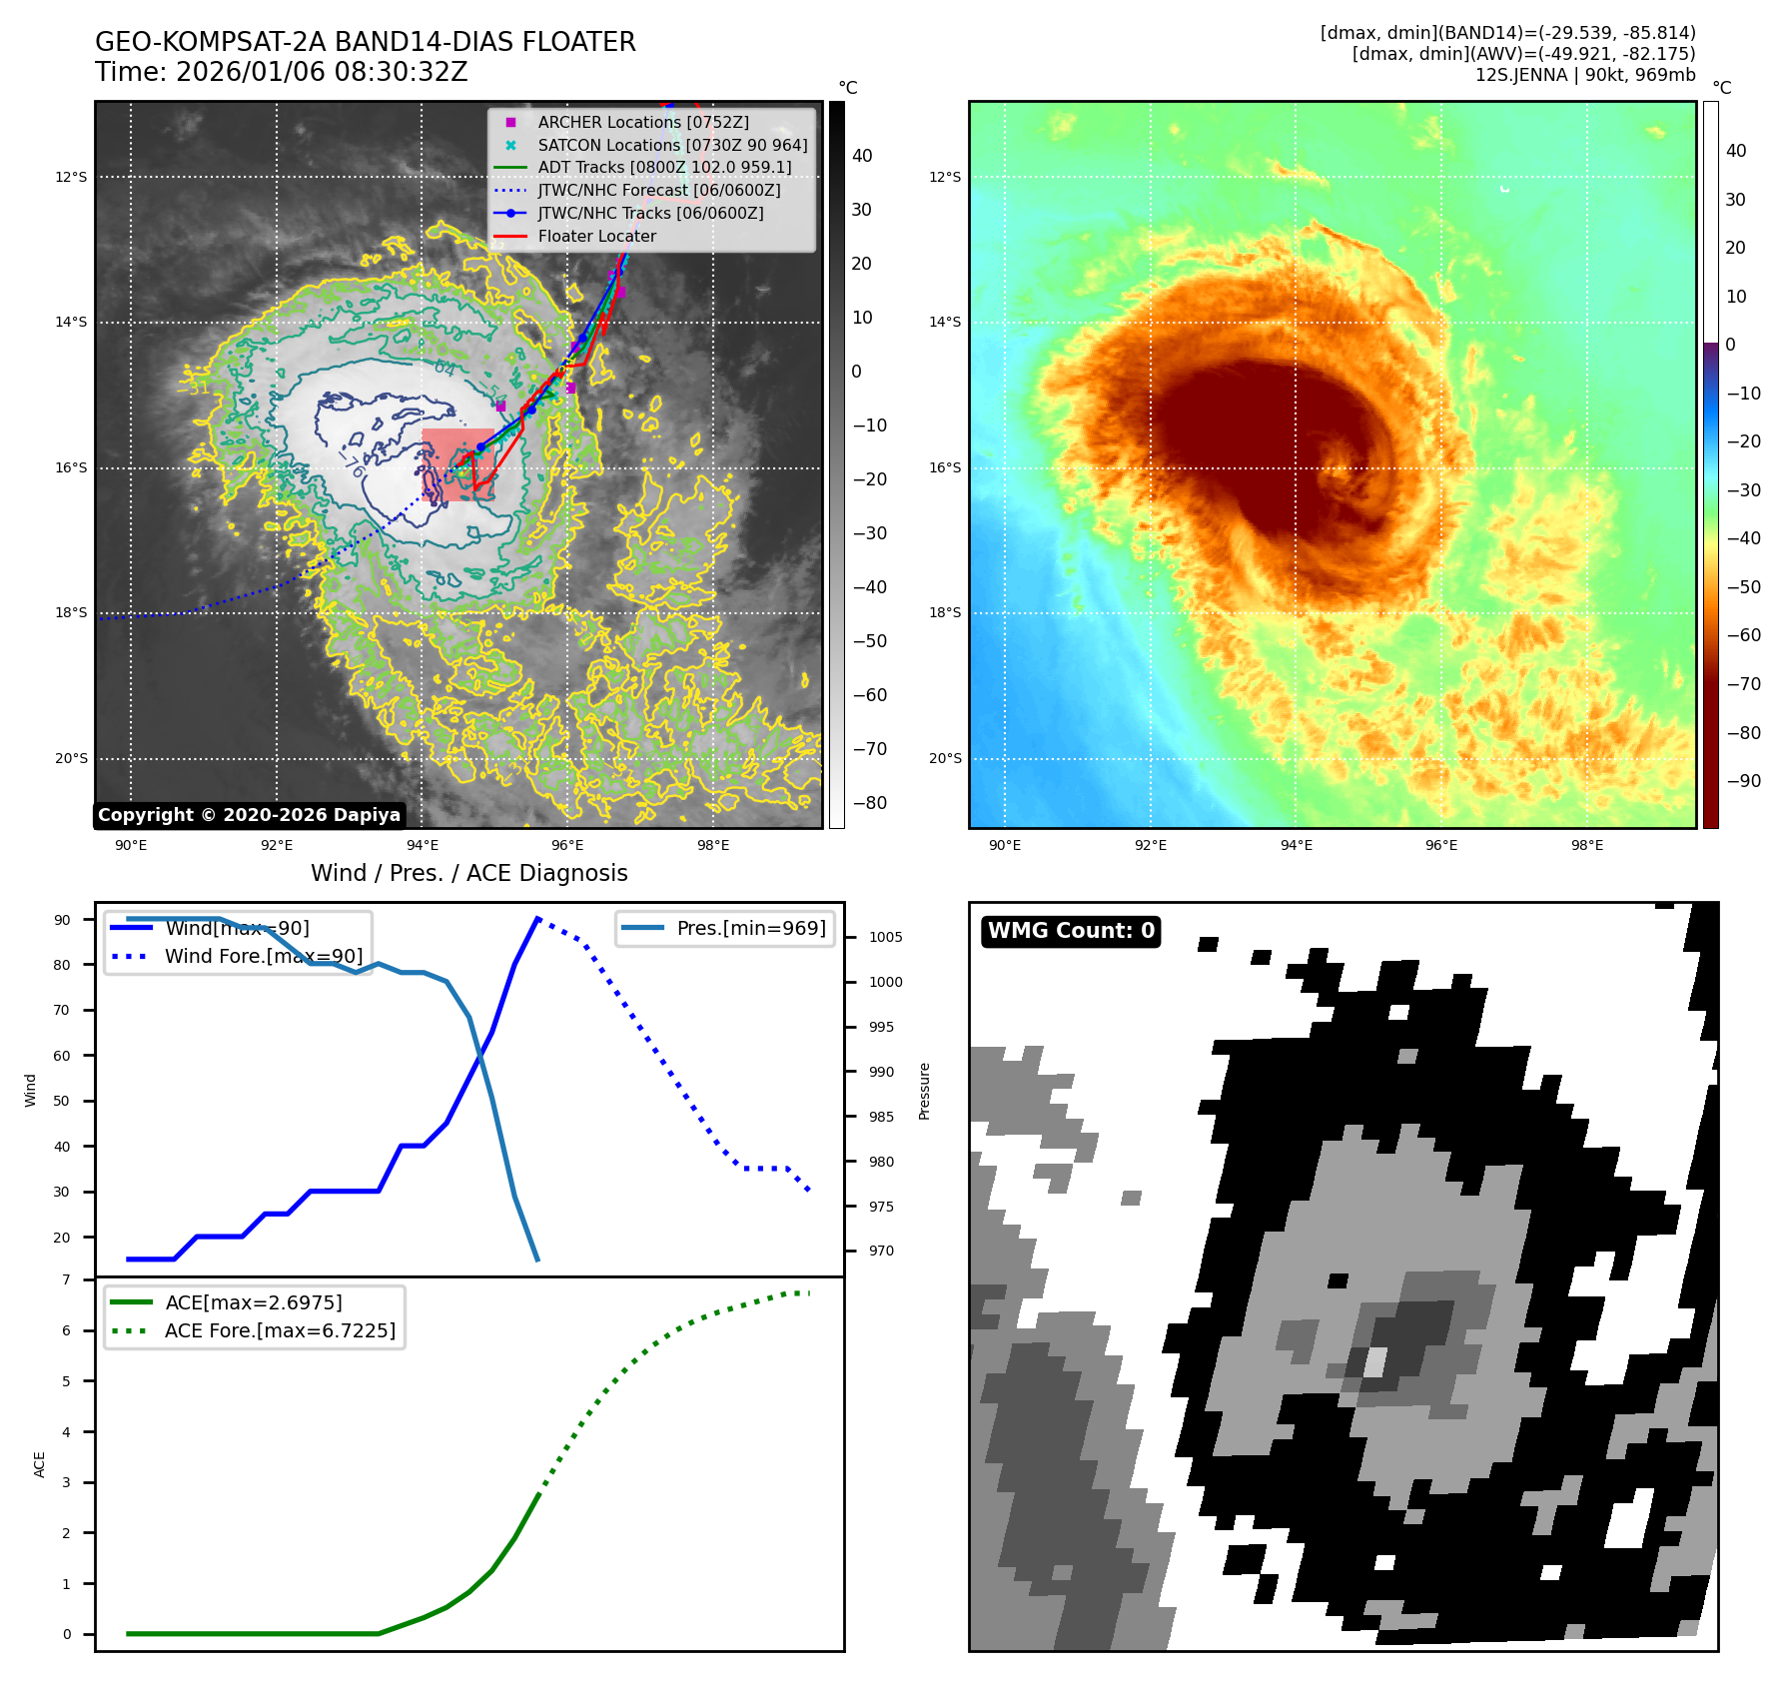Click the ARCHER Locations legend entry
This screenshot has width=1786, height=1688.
tap(642, 122)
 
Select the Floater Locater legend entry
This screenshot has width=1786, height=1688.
tap(596, 237)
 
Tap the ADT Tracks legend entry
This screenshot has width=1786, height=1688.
tap(663, 168)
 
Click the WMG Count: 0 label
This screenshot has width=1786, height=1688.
tap(1071, 931)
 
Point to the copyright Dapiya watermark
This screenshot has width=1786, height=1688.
tap(249, 815)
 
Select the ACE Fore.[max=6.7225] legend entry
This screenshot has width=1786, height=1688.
tap(280, 1330)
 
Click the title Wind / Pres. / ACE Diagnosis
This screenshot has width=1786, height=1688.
tap(469, 873)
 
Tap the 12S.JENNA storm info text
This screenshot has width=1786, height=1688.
tap(1584, 75)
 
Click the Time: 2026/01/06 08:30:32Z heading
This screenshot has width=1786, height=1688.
tap(282, 72)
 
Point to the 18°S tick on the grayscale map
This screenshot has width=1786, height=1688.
tap(71, 613)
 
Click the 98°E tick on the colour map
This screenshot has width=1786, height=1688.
tap(1586, 845)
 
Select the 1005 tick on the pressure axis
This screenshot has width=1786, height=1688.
tap(885, 937)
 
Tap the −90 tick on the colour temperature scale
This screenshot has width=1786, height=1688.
tap(1743, 781)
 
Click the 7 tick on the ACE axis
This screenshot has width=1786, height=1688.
tap(67, 1279)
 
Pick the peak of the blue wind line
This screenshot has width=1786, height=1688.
tap(537, 918)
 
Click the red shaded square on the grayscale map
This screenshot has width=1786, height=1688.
tap(458, 464)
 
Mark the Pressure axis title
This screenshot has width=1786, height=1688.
tap(924, 1091)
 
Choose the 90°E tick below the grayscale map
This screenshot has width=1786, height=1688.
tap(131, 845)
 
